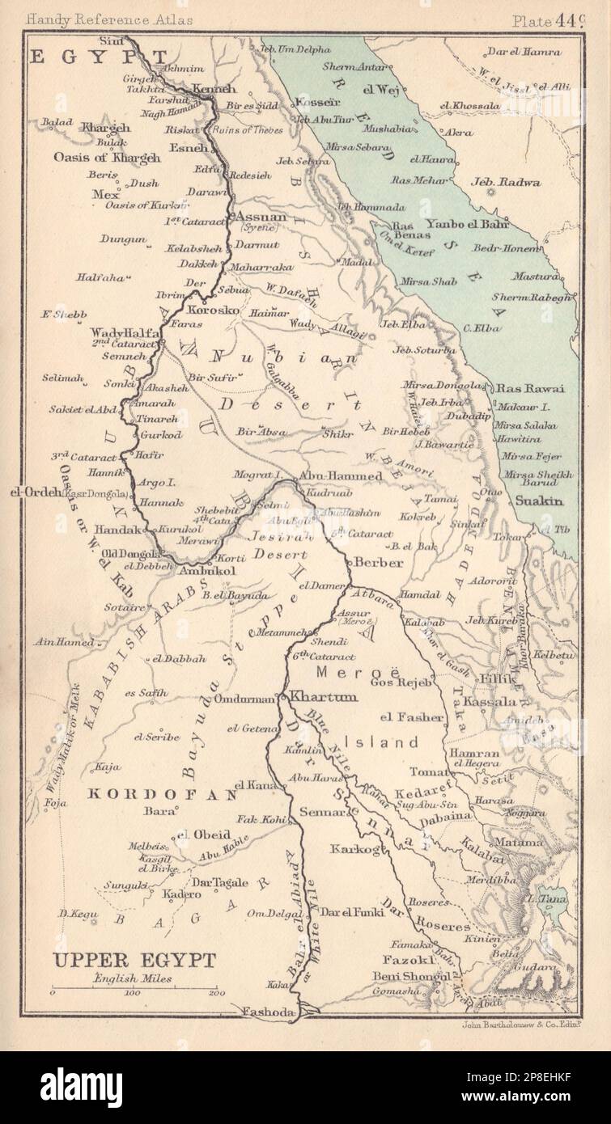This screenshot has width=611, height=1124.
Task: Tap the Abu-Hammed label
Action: point(352,476)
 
